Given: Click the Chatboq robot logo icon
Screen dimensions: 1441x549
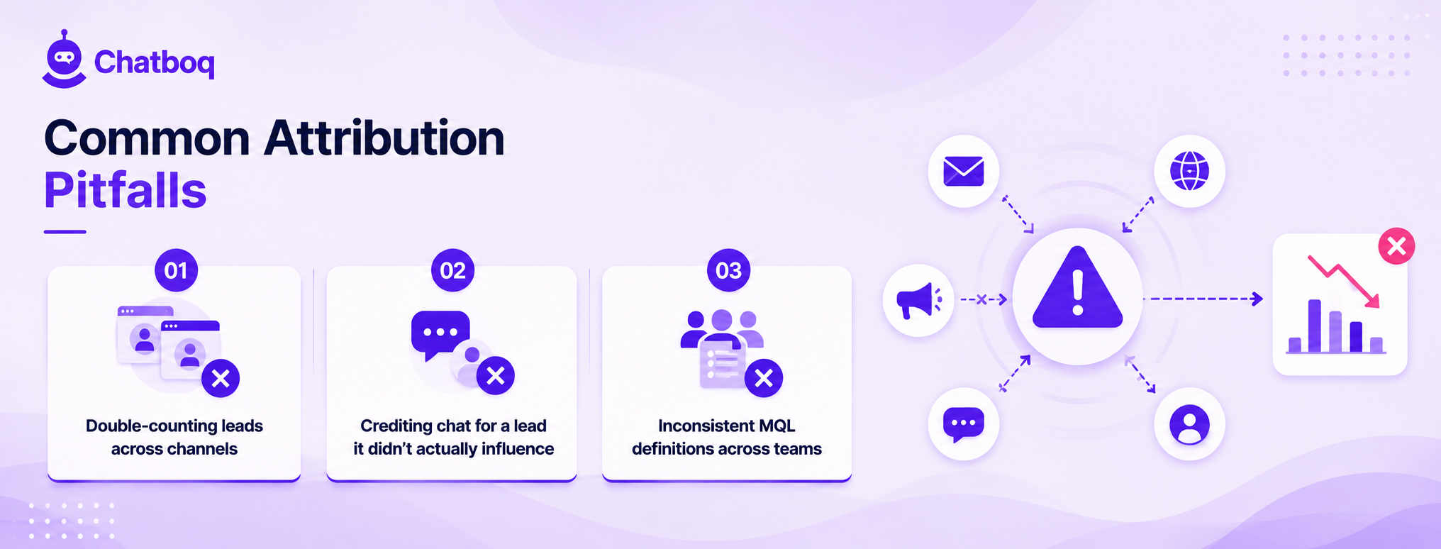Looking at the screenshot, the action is click(x=65, y=60).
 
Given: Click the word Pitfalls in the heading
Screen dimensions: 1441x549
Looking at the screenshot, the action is click(x=126, y=190).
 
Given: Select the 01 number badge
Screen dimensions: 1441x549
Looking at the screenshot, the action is click(x=176, y=270).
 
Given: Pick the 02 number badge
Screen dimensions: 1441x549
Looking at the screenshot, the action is click(x=452, y=270).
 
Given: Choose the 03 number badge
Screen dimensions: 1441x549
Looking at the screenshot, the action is click(x=728, y=270).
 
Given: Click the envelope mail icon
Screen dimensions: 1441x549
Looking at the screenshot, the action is click(x=964, y=171).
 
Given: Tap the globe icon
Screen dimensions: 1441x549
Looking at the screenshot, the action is click(x=1189, y=171).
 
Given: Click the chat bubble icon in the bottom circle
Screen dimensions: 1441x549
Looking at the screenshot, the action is click(x=964, y=424).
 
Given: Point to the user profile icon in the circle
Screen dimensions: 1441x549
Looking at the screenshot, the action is click(x=1189, y=424).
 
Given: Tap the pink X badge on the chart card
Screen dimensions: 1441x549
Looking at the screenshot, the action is click(x=1396, y=246).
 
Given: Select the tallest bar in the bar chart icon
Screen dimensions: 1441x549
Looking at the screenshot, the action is click(x=1314, y=326).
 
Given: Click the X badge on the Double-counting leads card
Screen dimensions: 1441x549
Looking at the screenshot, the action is click(x=221, y=378).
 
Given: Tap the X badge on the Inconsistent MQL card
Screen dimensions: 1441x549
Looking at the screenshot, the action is click(x=764, y=378).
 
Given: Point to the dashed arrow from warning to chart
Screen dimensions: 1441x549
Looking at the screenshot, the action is click(x=1206, y=299).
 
